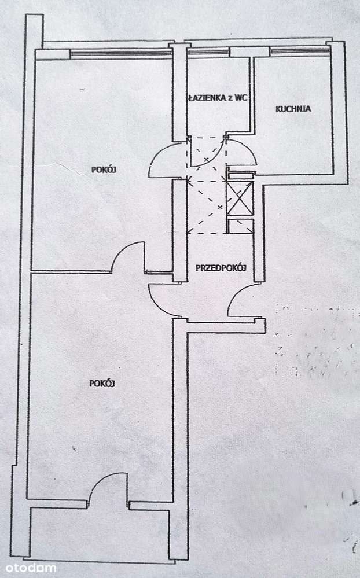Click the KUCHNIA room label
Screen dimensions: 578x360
293,108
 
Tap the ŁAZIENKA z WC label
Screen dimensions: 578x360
217,98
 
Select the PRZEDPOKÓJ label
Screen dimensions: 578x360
221,267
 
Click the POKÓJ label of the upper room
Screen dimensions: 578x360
104,170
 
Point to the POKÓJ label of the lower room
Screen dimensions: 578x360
103,383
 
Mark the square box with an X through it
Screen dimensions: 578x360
240,198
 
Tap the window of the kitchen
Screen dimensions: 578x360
299,51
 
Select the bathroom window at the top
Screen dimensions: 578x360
208,51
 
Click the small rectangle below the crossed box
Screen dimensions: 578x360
240,226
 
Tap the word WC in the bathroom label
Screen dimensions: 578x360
242,98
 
